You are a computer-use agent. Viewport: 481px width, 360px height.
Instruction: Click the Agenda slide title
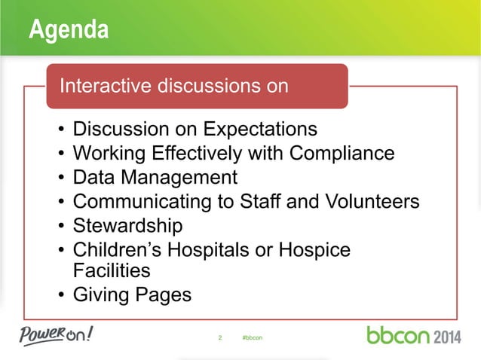click(x=69, y=31)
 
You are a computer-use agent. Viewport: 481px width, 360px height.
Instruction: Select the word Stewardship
click(x=127, y=226)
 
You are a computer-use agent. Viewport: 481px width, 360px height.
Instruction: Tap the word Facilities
click(x=112, y=270)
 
